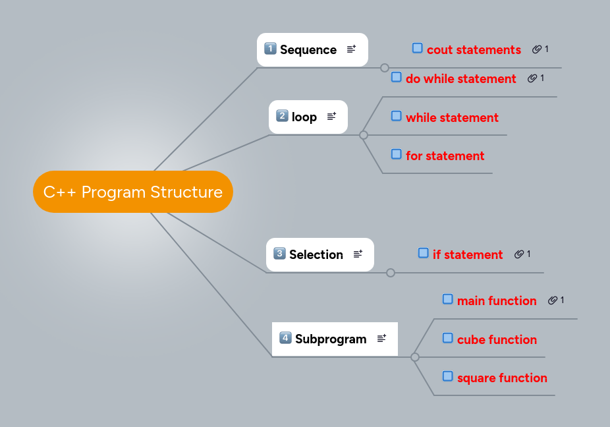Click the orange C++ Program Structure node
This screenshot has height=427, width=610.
click(132, 192)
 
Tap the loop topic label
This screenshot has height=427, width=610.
click(304, 117)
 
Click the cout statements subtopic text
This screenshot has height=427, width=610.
click(474, 49)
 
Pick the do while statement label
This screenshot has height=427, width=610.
click(460, 78)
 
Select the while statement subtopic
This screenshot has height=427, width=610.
click(452, 117)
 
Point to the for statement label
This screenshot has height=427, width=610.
click(445, 156)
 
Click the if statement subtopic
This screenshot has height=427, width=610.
click(467, 254)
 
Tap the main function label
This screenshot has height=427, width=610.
click(497, 300)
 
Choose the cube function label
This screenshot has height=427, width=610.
click(497, 339)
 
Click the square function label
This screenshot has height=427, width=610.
click(502, 378)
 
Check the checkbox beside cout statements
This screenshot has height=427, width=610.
click(417, 47)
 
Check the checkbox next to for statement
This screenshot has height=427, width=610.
click(396, 154)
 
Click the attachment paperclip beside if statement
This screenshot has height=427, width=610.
click(518, 254)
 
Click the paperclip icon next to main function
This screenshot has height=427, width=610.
click(552, 300)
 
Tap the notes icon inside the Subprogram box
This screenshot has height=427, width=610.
click(381, 338)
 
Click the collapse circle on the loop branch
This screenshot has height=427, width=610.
click(363, 135)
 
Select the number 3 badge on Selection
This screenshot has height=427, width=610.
click(279, 253)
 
